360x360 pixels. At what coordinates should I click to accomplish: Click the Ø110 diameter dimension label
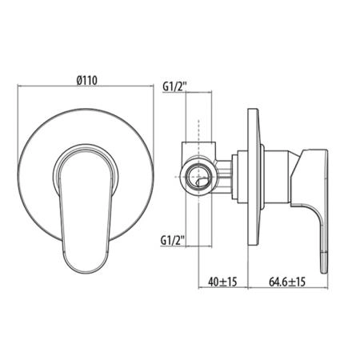click(x=86, y=80)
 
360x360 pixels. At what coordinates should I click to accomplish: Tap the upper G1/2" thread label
click(x=174, y=86)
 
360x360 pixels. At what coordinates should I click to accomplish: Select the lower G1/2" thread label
click(x=173, y=241)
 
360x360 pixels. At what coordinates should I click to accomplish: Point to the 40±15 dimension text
click(x=222, y=282)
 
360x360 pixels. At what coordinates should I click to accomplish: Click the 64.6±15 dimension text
click(x=287, y=282)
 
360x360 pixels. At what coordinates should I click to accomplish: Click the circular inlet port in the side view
click(x=198, y=178)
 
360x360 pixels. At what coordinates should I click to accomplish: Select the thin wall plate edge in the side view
click(x=253, y=177)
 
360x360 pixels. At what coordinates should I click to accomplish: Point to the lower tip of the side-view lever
click(x=323, y=272)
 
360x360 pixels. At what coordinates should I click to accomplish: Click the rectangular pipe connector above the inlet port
click(x=198, y=150)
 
